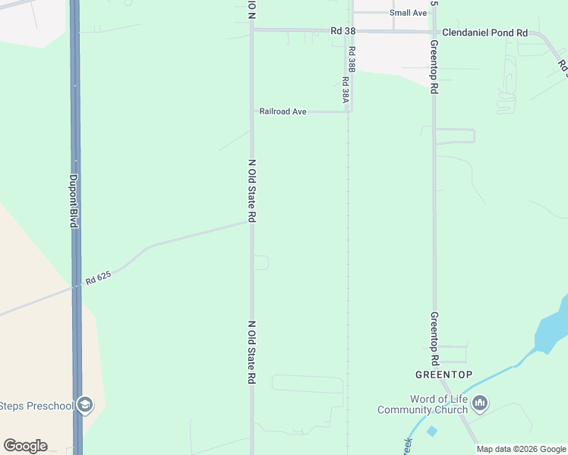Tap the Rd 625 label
click(99, 278)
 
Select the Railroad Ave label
click(282, 111)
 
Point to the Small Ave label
click(408, 13)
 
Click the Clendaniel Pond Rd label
click(484, 33)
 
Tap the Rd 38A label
click(345, 89)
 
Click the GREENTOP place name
click(444, 375)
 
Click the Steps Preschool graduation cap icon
click(85, 405)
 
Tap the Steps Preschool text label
click(36, 406)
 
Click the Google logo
click(25, 446)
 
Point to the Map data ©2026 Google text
click(521, 449)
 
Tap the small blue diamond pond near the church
click(432, 431)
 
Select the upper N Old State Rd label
click(251, 190)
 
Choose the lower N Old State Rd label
click(251, 352)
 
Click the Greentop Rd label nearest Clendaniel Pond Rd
click(434, 67)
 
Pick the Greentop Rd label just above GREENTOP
click(434, 337)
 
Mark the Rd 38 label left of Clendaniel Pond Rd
click(343, 31)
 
